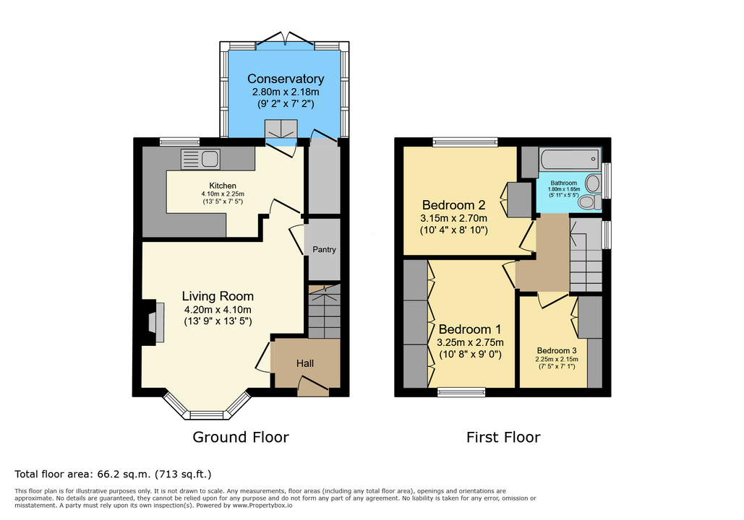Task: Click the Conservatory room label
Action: (x=286, y=79)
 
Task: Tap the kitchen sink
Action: (x=200, y=160)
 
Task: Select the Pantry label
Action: (x=324, y=249)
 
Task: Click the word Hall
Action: (x=305, y=363)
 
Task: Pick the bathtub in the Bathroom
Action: (x=570, y=160)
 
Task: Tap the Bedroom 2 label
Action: (x=453, y=205)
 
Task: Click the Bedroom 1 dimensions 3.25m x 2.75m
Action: (x=470, y=342)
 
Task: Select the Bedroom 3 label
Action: (x=557, y=351)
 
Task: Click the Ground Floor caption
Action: (x=241, y=437)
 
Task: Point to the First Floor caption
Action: (x=503, y=437)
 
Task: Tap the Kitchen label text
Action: (x=223, y=186)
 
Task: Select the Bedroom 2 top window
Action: (x=466, y=142)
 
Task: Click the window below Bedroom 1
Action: (x=461, y=392)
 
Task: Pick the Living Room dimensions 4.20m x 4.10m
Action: (x=218, y=310)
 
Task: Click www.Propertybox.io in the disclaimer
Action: (x=262, y=506)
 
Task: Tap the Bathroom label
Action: (x=564, y=183)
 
